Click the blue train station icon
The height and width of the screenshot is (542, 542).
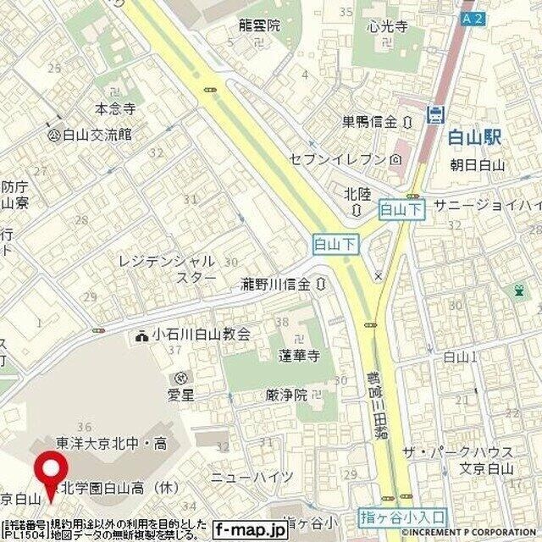click(436, 113)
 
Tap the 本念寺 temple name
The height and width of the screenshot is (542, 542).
click(114, 108)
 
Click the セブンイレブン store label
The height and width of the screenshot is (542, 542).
click(339, 158)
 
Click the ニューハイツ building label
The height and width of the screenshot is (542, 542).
click(252, 477)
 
